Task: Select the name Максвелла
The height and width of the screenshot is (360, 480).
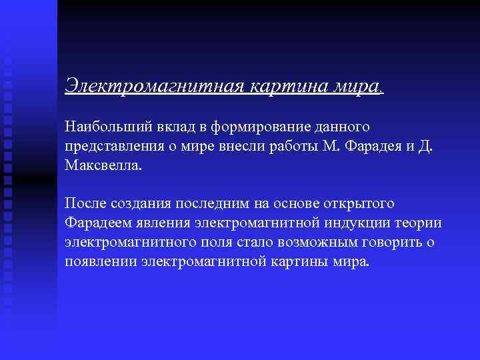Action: point(103,165)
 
